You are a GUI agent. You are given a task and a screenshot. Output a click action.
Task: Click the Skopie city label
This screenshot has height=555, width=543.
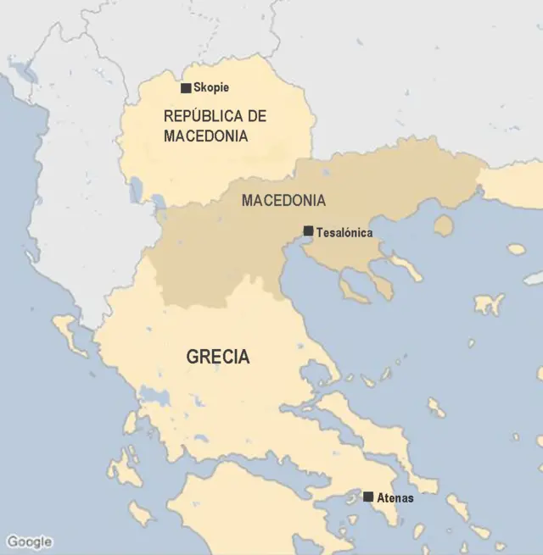pos(211,87)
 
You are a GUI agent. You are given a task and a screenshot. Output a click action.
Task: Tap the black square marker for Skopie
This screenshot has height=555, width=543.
pos(186,87)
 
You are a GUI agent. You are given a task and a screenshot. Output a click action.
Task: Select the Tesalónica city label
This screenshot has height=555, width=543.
pos(344,231)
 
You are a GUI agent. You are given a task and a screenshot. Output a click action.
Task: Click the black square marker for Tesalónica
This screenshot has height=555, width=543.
pos(309,230)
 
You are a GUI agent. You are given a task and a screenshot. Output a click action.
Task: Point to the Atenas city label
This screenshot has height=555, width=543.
pos(395,498)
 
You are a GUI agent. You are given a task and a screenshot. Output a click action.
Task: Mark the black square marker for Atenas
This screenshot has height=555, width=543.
pos(368,497)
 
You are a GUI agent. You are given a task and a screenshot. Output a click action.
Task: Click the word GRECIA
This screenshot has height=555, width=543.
pos(218,357)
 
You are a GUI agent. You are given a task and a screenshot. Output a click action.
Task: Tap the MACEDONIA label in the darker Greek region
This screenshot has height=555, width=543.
pos(283,201)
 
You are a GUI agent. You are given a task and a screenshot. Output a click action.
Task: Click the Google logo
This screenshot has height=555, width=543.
pos(29,541)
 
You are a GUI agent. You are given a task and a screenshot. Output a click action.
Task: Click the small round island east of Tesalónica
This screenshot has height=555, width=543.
pos(443,225)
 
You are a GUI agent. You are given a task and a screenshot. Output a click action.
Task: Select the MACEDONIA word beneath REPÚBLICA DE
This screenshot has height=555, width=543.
pos(205,136)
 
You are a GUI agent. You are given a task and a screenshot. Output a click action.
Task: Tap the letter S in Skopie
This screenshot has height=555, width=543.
pos(197,87)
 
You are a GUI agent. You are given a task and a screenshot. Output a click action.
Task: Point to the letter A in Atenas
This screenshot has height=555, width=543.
pos(379,498)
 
